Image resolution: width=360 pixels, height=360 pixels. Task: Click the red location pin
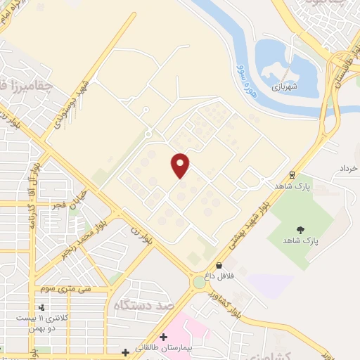[181, 165]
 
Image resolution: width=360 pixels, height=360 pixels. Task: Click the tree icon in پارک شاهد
[301, 229]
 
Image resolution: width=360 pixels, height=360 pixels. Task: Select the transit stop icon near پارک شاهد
[292, 174]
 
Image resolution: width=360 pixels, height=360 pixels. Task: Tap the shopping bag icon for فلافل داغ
[219, 265]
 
